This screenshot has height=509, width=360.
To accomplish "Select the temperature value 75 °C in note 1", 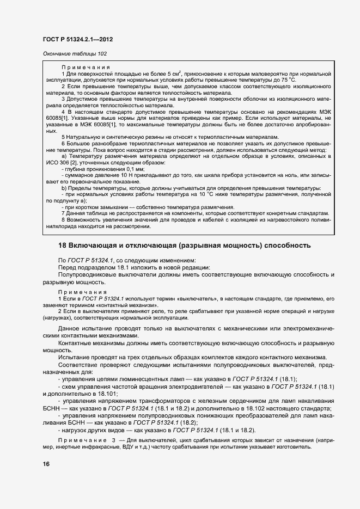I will point(317,79).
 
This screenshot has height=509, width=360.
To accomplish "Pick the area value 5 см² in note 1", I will point(173,73).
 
